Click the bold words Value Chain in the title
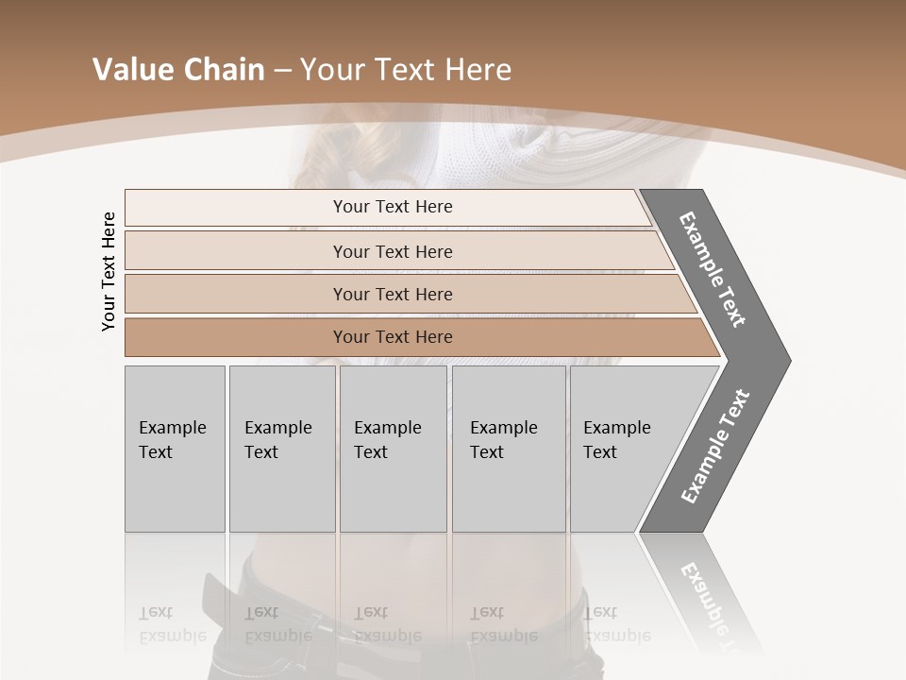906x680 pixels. point(178,70)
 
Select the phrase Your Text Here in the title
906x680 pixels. point(406,70)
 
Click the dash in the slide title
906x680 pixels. point(282,71)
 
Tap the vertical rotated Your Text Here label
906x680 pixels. point(109,271)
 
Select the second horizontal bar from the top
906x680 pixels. point(392,251)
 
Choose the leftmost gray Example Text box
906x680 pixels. point(175,448)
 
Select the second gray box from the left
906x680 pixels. point(281,448)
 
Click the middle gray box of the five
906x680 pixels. point(393,448)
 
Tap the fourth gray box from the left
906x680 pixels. point(509,448)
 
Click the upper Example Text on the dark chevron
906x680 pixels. point(713,269)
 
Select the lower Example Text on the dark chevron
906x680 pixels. point(715,446)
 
